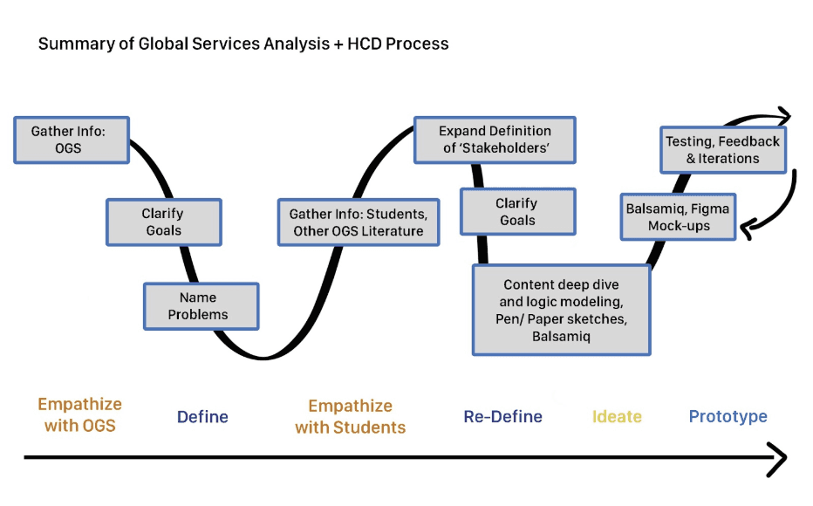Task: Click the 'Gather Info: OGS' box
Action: coord(72,140)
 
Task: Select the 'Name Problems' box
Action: coord(201,305)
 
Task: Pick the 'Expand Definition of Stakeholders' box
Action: coord(495,140)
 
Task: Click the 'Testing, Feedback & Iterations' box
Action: coord(722,149)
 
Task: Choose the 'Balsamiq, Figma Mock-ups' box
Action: coord(678,216)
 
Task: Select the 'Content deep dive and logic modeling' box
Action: coord(561,311)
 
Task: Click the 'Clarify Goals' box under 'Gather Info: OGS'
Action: coord(163,222)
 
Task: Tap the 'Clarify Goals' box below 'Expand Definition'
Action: coord(517,212)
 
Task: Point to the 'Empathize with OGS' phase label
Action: coord(79,415)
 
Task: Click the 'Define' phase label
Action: coord(202,417)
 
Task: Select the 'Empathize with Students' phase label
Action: coord(350,417)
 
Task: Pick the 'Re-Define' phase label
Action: coord(502,417)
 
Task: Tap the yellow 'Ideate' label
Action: coord(617,417)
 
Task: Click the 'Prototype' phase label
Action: coord(728,417)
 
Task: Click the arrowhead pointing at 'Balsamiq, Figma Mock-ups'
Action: coord(747,229)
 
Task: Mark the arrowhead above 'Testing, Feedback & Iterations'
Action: coord(783,115)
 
